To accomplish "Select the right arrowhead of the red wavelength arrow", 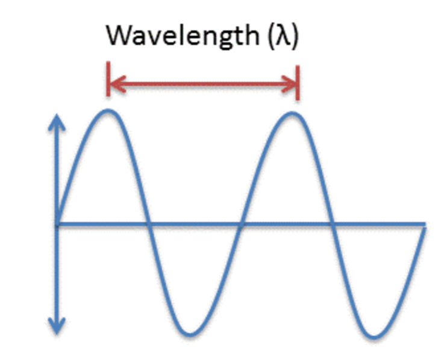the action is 292,84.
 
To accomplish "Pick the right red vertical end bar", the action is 298,79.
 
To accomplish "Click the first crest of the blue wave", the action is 108,111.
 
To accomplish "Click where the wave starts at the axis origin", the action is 57,224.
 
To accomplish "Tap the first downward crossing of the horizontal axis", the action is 148,224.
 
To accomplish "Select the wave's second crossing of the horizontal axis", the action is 242,224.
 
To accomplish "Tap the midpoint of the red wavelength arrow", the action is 204,84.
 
